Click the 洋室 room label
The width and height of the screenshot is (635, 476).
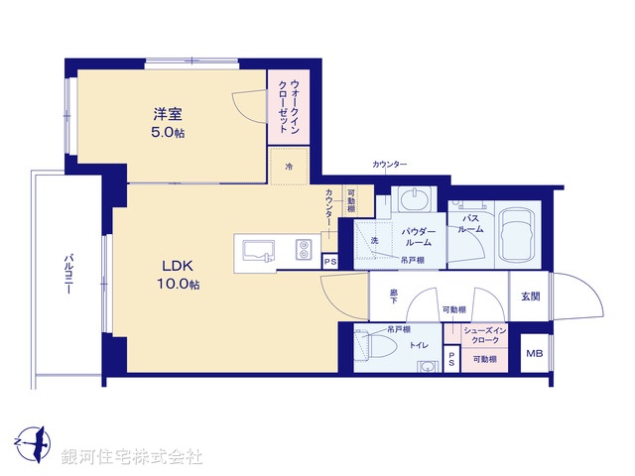coord(167,114)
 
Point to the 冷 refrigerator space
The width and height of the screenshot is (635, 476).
coord(290,166)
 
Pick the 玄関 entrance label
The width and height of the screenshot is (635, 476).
coord(530,296)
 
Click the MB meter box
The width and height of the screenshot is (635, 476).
coord(534,354)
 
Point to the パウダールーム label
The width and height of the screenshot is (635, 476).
coord(415,237)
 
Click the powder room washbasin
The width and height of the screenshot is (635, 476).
coord(412,200)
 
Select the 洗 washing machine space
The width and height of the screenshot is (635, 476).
coord(375,240)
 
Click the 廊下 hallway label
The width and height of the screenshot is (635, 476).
coord(393,295)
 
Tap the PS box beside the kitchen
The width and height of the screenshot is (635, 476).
coord(329,262)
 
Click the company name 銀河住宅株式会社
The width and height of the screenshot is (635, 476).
coord(131,457)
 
